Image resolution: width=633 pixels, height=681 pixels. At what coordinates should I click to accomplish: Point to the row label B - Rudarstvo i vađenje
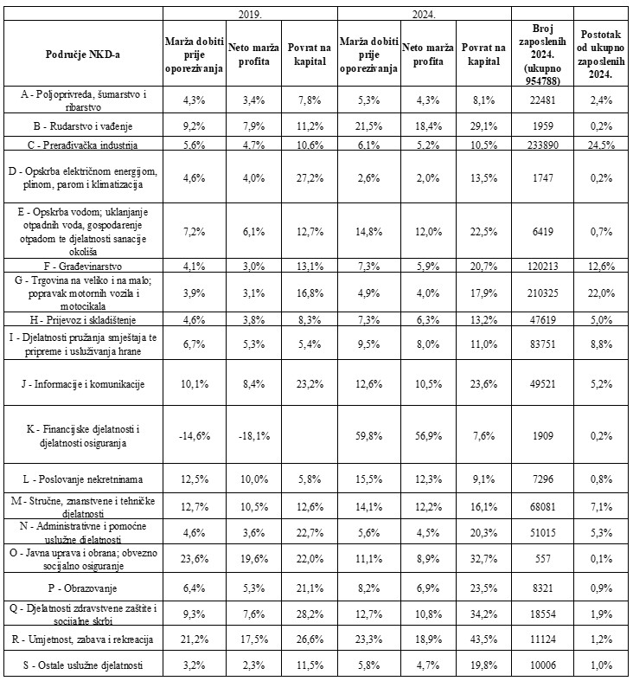coord(84,126)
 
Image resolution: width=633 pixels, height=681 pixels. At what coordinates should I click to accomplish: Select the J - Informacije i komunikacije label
coord(84,384)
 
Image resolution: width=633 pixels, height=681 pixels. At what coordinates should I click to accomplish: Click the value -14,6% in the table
coord(193,435)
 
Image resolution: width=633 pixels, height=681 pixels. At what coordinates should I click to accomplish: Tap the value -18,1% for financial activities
coord(253,435)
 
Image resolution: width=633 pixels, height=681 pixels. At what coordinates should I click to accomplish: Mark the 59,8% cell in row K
coord(368,435)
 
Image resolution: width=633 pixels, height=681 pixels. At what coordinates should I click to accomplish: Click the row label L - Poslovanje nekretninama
coord(84,478)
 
